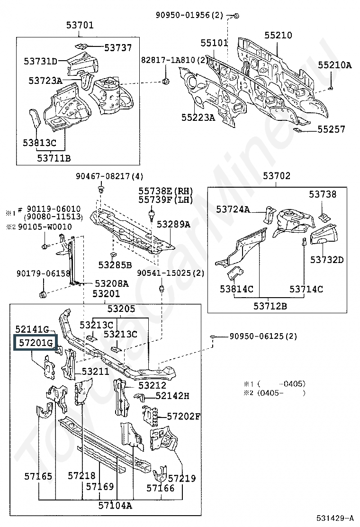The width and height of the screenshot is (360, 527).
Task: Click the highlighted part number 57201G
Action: (x=36, y=343)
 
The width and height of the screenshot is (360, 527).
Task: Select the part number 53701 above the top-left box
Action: (x=80, y=25)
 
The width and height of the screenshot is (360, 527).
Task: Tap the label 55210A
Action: (x=335, y=65)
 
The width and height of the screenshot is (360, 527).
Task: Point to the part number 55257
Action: (x=331, y=129)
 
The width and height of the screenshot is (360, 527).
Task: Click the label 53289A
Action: (x=173, y=224)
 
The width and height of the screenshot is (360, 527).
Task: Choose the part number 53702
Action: (x=277, y=175)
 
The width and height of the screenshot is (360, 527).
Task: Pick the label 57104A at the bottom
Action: (x=115, y=505)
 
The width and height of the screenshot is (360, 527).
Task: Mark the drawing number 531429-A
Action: (x=334, y=518)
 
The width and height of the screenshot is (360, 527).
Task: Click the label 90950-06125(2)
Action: (x=263, y=336)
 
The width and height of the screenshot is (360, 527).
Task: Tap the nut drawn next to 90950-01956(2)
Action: (x=236, y=16)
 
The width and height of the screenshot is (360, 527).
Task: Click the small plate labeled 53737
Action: (x=81, y=45)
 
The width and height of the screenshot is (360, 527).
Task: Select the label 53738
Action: (x=323, y=194)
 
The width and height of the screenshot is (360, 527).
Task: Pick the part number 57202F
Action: (x=183, y=417)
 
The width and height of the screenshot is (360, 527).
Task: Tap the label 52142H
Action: (x=172, y=396)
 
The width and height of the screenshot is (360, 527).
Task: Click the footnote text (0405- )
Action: (x=281, y=393)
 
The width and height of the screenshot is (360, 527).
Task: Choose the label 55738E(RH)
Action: (x=166, y=191)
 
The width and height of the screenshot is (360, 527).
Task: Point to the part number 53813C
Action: (x=40, y=143)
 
